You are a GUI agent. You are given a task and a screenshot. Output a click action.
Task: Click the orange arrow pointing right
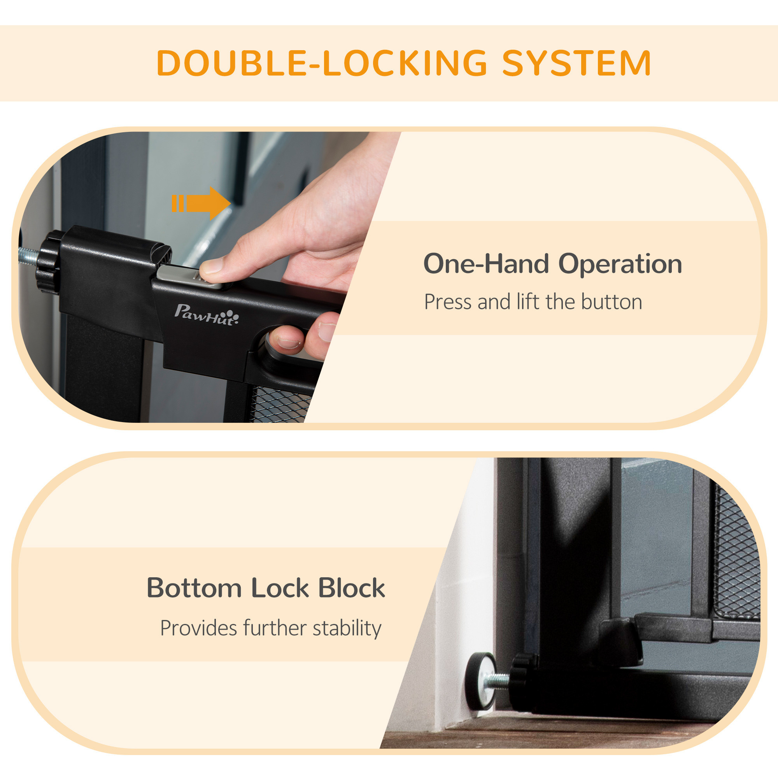click(202, 203)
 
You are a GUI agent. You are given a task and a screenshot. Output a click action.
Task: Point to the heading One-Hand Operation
click(552, 264)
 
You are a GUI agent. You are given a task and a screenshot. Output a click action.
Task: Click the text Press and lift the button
click(533, 302)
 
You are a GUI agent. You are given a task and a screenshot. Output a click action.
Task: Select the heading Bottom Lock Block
click(266, 587)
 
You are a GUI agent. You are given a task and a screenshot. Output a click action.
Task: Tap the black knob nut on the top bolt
click(49, 261)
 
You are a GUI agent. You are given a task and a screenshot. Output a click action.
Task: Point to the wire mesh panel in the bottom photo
click(736, 552)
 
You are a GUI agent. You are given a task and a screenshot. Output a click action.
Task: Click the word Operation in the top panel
click(620, 265)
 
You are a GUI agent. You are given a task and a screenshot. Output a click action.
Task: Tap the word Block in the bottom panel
click(352, 587)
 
